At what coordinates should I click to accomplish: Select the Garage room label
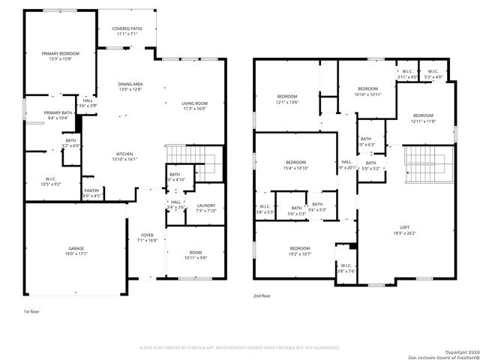(x=76, y=250)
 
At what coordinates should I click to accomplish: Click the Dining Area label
(x=131, y=87)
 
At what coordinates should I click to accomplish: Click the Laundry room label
(x=205, y=208)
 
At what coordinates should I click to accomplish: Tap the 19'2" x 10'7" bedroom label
(x=300, y=250)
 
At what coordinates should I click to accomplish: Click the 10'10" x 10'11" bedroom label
(x=367, y=91)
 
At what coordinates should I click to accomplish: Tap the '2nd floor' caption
(x=262, y=296)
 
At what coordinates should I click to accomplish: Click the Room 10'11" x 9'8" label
(x=196, y=255)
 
